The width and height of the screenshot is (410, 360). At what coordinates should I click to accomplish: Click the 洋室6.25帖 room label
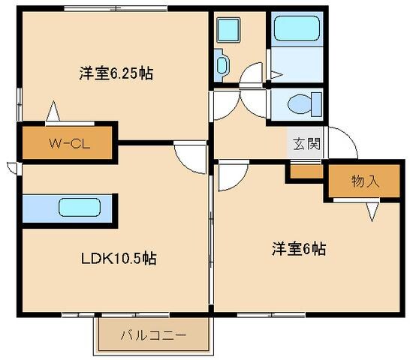pos(116,73)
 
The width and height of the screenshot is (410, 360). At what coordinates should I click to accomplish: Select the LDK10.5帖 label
pos(119,258)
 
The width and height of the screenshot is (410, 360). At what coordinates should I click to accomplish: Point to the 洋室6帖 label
pos(298,249)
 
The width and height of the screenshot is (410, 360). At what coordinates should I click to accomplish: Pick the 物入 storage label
pos(365,181)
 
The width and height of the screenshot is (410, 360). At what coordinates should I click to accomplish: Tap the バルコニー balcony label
pos(154,335)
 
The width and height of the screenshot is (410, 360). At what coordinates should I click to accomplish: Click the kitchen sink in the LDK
pos(78,208)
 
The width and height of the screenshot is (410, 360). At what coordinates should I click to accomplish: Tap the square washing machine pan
pos(227,31)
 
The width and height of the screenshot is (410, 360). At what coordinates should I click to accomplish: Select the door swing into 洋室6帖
pos(231,176)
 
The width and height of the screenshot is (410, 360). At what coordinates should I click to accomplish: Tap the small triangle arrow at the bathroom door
pos(276,74)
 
